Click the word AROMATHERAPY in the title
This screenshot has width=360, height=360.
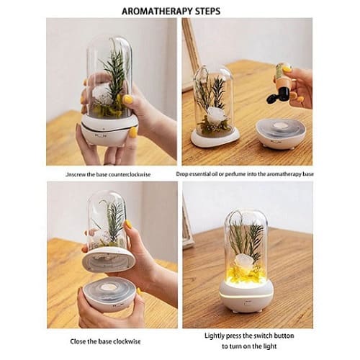[x=155, y=12]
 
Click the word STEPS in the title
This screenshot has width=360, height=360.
[x=205, y=12]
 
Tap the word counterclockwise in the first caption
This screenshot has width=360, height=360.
[x=130, y=174]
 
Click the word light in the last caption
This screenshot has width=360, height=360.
[x=270, y=346]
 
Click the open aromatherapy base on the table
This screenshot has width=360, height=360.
[x=280, y=134]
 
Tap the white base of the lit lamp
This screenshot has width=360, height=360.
[x=246, y=296]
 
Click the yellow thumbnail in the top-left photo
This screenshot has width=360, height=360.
[x=128, y=99]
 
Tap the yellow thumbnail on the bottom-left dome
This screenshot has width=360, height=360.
[x=128, y=225]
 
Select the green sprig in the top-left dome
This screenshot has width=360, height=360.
[x=114, y=74]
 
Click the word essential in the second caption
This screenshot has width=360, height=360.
[x=200, y=174]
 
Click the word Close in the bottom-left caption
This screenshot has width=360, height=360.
[x=78, y=341]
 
